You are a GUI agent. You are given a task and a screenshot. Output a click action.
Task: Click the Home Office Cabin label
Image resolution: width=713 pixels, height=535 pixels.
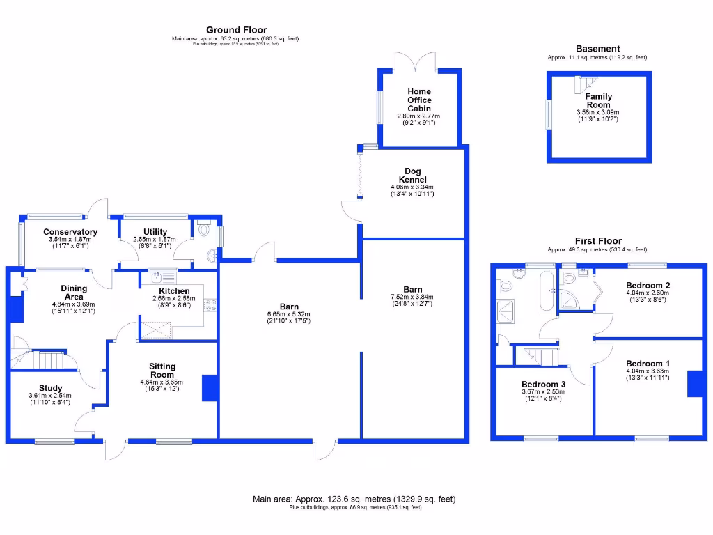click(419, 100)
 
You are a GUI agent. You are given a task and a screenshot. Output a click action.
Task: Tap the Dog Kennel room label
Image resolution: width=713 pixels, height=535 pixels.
click(413, 176)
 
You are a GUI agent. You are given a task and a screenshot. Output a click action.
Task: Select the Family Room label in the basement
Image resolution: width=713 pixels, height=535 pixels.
click(598, 101)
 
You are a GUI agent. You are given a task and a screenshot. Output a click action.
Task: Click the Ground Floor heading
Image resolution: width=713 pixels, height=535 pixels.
click(235, 29)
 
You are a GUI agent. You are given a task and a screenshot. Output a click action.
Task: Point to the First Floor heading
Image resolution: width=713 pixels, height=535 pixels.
click(597, 241)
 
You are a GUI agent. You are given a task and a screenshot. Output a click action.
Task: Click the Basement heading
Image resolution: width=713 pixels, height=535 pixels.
click(597, 49)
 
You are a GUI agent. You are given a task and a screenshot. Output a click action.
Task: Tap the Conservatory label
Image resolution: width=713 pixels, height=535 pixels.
click(70, 232)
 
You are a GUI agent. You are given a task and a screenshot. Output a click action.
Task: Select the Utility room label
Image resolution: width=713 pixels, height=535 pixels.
click(155, 232)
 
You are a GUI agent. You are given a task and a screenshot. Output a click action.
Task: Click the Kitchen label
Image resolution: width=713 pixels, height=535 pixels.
click(174, 291)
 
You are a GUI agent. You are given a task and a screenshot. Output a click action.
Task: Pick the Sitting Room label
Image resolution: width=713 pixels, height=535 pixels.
click(162, 371)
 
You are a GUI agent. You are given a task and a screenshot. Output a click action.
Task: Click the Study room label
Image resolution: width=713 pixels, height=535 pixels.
click(50, 388)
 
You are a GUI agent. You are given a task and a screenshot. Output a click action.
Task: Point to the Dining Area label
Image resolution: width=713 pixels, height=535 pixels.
click(74, 293)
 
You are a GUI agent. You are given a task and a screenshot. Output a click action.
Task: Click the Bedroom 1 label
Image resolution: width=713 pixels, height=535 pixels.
click(648, 364)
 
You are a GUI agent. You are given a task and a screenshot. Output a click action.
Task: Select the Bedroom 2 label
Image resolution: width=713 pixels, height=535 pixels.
click(648, 286)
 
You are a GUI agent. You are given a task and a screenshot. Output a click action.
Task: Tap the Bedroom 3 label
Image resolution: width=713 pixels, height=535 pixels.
click(543, 385)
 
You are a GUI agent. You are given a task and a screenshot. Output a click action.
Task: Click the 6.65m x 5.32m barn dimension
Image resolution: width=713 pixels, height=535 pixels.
click(289, 314)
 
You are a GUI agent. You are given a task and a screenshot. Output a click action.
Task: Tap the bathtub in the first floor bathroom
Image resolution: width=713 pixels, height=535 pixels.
click(544, 293)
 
